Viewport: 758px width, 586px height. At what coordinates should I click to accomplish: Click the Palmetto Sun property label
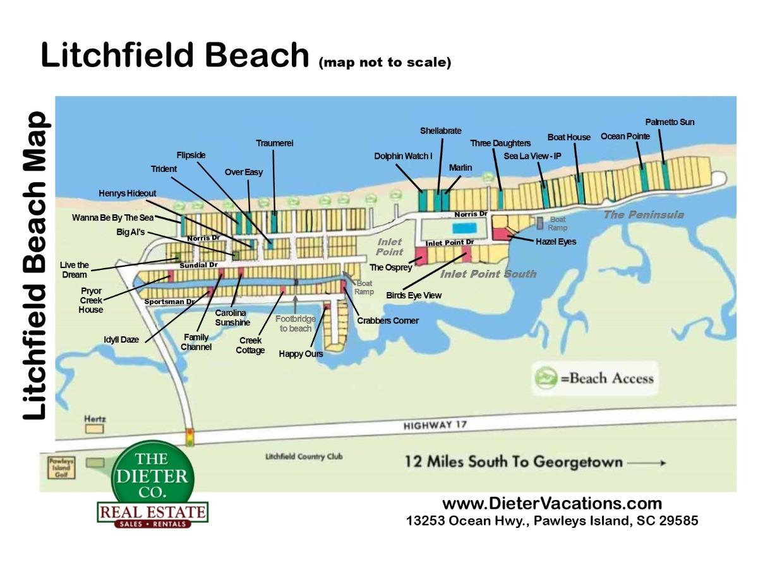pyautogui.click(x=670, y=122)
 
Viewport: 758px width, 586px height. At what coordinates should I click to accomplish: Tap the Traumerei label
pyautogui.click(x=274, y=143)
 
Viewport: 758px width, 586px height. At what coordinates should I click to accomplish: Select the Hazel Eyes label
pyautogui.click(x=556, y=241)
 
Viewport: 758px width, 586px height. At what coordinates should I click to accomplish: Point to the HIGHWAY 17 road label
pyautogui.click(x=435, y=425)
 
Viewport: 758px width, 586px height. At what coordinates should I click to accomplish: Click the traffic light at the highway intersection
pyautogui.click(x=189, y=437)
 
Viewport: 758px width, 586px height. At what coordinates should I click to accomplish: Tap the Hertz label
pyautogui.click(x=95, y=419)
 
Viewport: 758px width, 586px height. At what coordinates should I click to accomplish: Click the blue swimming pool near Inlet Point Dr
pyautogui.click(x=466, y=228)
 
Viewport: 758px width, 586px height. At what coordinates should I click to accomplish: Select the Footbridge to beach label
pyautogui.click(x=296, y=324)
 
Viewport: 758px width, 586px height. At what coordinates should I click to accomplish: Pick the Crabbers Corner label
pyautogui.click(x=388, y=320)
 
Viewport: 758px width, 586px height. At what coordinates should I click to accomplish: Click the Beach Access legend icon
pyautogui.click(x=545, y=378)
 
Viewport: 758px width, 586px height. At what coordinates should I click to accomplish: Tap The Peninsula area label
pyautogui.click(x=643, y=215)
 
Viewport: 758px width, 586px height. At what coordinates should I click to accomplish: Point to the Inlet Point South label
pyautogui.click(x=488, y=274)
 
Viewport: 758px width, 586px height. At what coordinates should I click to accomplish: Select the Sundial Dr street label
pyautogui.click(x=198, y=265)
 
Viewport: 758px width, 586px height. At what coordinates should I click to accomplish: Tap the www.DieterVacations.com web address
pyautogui.click(x=551, y=504)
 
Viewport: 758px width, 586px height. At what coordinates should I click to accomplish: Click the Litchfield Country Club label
pyautogui.click(x=304, y=457)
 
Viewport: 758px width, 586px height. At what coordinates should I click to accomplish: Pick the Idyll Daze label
pyautogui.click(x=121, y=339)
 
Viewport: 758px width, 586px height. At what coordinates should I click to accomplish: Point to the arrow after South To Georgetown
pyautogui.click(x=647, y=463)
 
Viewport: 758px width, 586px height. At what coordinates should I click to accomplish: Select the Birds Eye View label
pyautogui.click(x=414, y=295)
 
